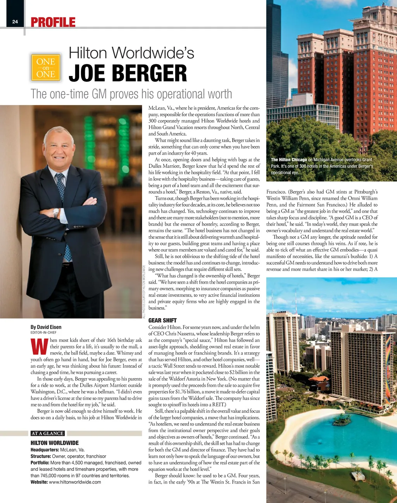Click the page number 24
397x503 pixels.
pos(15,22)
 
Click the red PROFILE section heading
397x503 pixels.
pos(53,22)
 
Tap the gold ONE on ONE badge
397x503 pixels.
pos(46,67)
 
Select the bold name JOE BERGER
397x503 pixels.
pos(128,74)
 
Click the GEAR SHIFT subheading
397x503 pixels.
pos(162,320)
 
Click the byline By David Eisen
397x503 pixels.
pos(46,327)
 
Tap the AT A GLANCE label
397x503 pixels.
pos(47,433)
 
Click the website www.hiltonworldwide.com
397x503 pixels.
pos(75,482)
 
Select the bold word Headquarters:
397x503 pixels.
pos(45,450)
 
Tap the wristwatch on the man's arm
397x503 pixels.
pos(56,212)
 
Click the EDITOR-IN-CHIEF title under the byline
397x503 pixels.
pos(43,332)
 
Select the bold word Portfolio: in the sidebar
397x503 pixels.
pos(40,463)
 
